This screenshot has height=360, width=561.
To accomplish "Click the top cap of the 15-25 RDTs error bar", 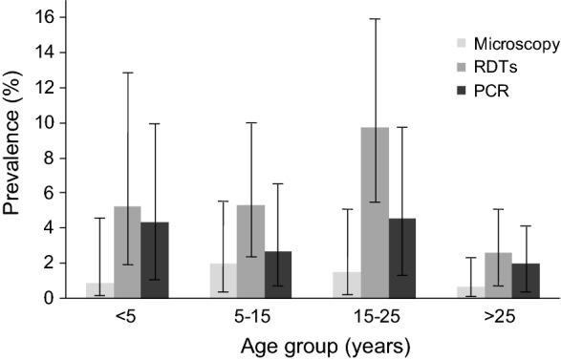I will coord(374,18).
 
